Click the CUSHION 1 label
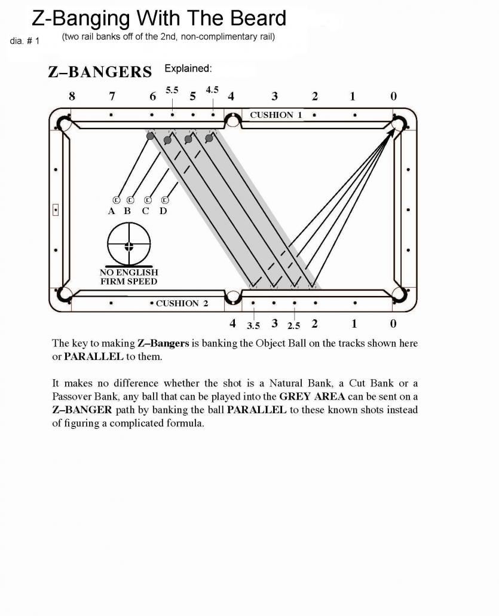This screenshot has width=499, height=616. tap(271, 115)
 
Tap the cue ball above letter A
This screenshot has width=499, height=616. tap(116, 200)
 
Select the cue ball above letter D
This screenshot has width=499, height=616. tap(165, 200)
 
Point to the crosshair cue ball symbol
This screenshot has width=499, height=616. tap(128, 246)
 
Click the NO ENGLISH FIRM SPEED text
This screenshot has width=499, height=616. tap(128, 277)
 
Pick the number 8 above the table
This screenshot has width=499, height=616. tap(73, 96)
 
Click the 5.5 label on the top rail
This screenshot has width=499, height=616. tap(172, 90)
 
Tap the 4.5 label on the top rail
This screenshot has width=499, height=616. tap(212, 90)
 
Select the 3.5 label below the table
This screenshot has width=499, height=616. tap(253, 326)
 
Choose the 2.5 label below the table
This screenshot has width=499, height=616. tap(293, 326)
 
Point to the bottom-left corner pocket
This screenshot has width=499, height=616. tap(63, 294)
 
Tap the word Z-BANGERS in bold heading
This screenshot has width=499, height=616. tap(100, 72)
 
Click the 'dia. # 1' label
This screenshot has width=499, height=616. tap(25, 41)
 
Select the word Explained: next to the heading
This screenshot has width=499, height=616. tap(188, 69)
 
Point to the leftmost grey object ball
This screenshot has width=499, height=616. tap(150, 136)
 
